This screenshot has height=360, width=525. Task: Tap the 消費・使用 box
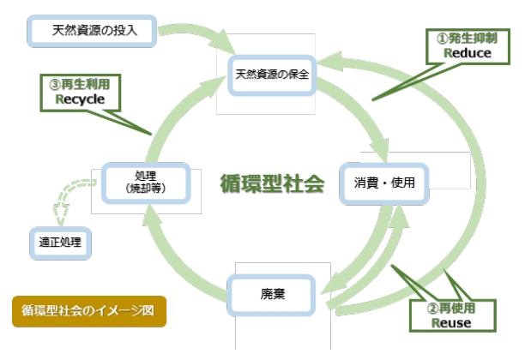coord(383,183)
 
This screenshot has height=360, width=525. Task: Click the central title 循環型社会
coord(272,183)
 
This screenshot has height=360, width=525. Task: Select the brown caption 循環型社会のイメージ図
coord(88,310)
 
